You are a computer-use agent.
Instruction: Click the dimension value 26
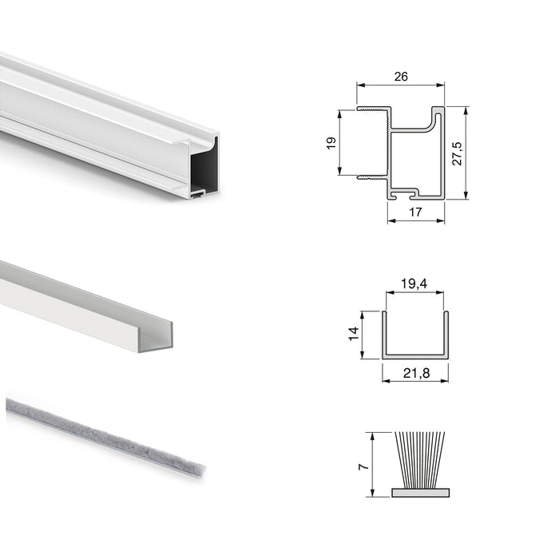(400, 77)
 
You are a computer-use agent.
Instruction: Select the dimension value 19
(331, 142)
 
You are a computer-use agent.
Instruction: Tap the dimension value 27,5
(457, 153)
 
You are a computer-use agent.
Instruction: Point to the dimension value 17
(415, 212)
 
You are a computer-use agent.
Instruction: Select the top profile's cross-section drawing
(411, 152)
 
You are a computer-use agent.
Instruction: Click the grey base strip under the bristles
(419, 492)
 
